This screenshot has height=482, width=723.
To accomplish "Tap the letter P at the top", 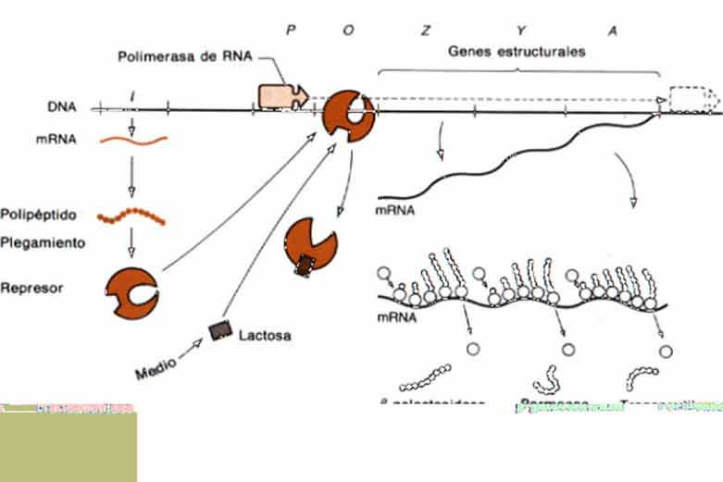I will pyautogui.click(x=290, y=29).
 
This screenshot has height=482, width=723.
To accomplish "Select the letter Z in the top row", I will pyautogui.click(x=425, y=30).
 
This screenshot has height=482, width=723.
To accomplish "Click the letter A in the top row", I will pyautogui.click(x=612, y=30).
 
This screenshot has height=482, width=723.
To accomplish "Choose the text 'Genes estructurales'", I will pyautogui.click(x=517, y=52).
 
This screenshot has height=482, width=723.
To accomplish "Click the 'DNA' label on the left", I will pyautogui.click(x=62, y=106).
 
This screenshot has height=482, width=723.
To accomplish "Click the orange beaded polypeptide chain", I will pyautogui.click(x=134, y=217).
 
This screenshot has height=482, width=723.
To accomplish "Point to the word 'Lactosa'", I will pyautogui.click(x=265, y=335).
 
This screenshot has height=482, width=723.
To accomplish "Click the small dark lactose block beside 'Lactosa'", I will pyautogui.click(x=221, y=330).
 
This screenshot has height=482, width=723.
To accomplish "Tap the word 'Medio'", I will pyautogui.click(x=156, y=375).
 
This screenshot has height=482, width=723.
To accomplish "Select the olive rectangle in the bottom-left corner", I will pyautogui.click(x=69, y=446).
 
